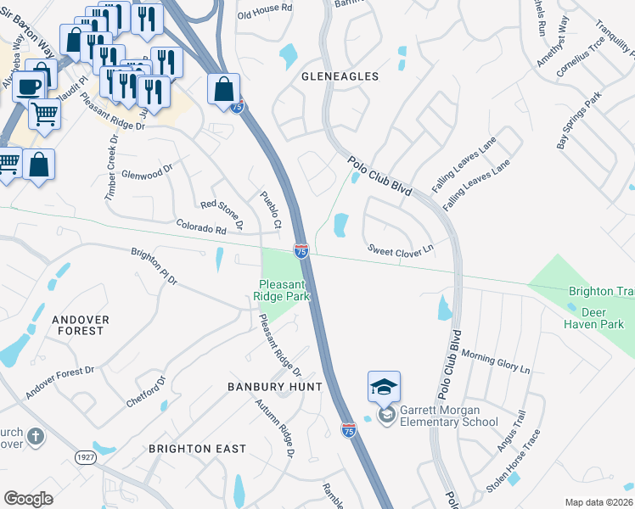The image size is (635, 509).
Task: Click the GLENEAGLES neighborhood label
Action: click(x=340, y=76)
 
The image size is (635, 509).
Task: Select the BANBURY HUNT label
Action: click(x=275, y=387)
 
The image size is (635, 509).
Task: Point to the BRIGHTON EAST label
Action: click(x=197, y=449)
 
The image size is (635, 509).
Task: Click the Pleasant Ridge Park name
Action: click(x=282, y=291)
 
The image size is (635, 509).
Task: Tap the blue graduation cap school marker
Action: click(x=384, y=388)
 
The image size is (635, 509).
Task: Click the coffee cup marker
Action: click(x=28, y=87)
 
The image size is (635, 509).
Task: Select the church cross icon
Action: click(x=35, y=436)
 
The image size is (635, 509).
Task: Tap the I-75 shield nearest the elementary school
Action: click(x=348, y=431)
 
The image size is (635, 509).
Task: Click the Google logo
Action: click(x=28, y=499)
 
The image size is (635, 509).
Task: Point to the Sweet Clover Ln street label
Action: click(x=400, y=249)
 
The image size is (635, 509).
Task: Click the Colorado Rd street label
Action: click(x=200, y=228)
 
